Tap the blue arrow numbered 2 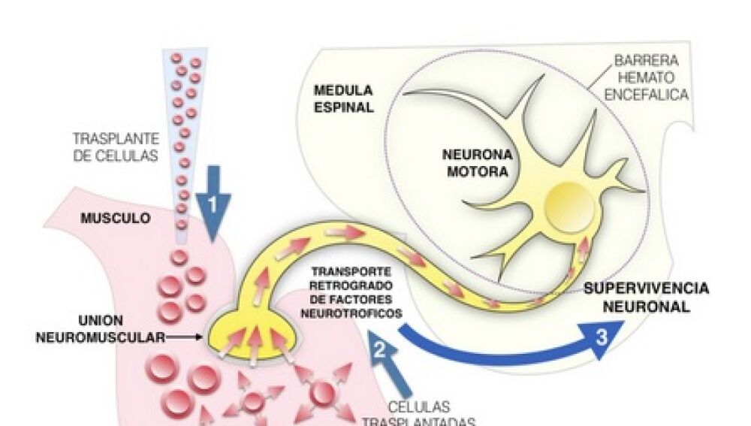click(x=384, y=353)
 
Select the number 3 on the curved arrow click(x=601, y=336)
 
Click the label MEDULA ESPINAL click(x=343, y=98)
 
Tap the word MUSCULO click(x=116, y=219)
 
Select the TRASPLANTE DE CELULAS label click(x=116, y=147)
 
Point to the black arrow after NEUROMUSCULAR click(x=184, y=338)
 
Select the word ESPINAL click(x=343, y=107)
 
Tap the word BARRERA click(x=647, y=60)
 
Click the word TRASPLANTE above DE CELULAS click(x=116, y=139)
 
